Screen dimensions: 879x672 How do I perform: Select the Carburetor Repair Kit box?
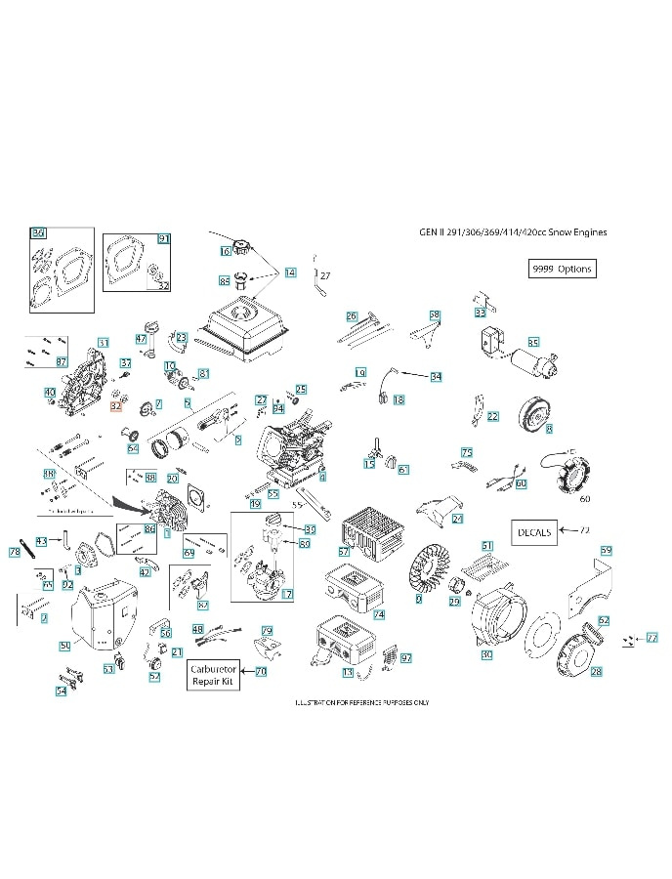coord(214,675)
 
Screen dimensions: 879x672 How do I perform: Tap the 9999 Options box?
coord(561,269)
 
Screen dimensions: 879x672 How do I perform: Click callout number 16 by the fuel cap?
coord(225,251)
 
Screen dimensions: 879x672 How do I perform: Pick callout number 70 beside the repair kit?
coord(261,672)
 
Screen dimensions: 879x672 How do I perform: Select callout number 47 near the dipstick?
coord(141,339)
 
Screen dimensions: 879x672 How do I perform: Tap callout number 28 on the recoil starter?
coord(596,672)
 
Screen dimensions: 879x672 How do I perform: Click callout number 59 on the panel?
coord(606,552)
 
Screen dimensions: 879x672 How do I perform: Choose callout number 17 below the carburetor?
coord(287,594)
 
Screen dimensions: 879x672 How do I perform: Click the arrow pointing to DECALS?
coord(570,532)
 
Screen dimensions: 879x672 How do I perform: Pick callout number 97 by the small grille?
coord(405,658)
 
